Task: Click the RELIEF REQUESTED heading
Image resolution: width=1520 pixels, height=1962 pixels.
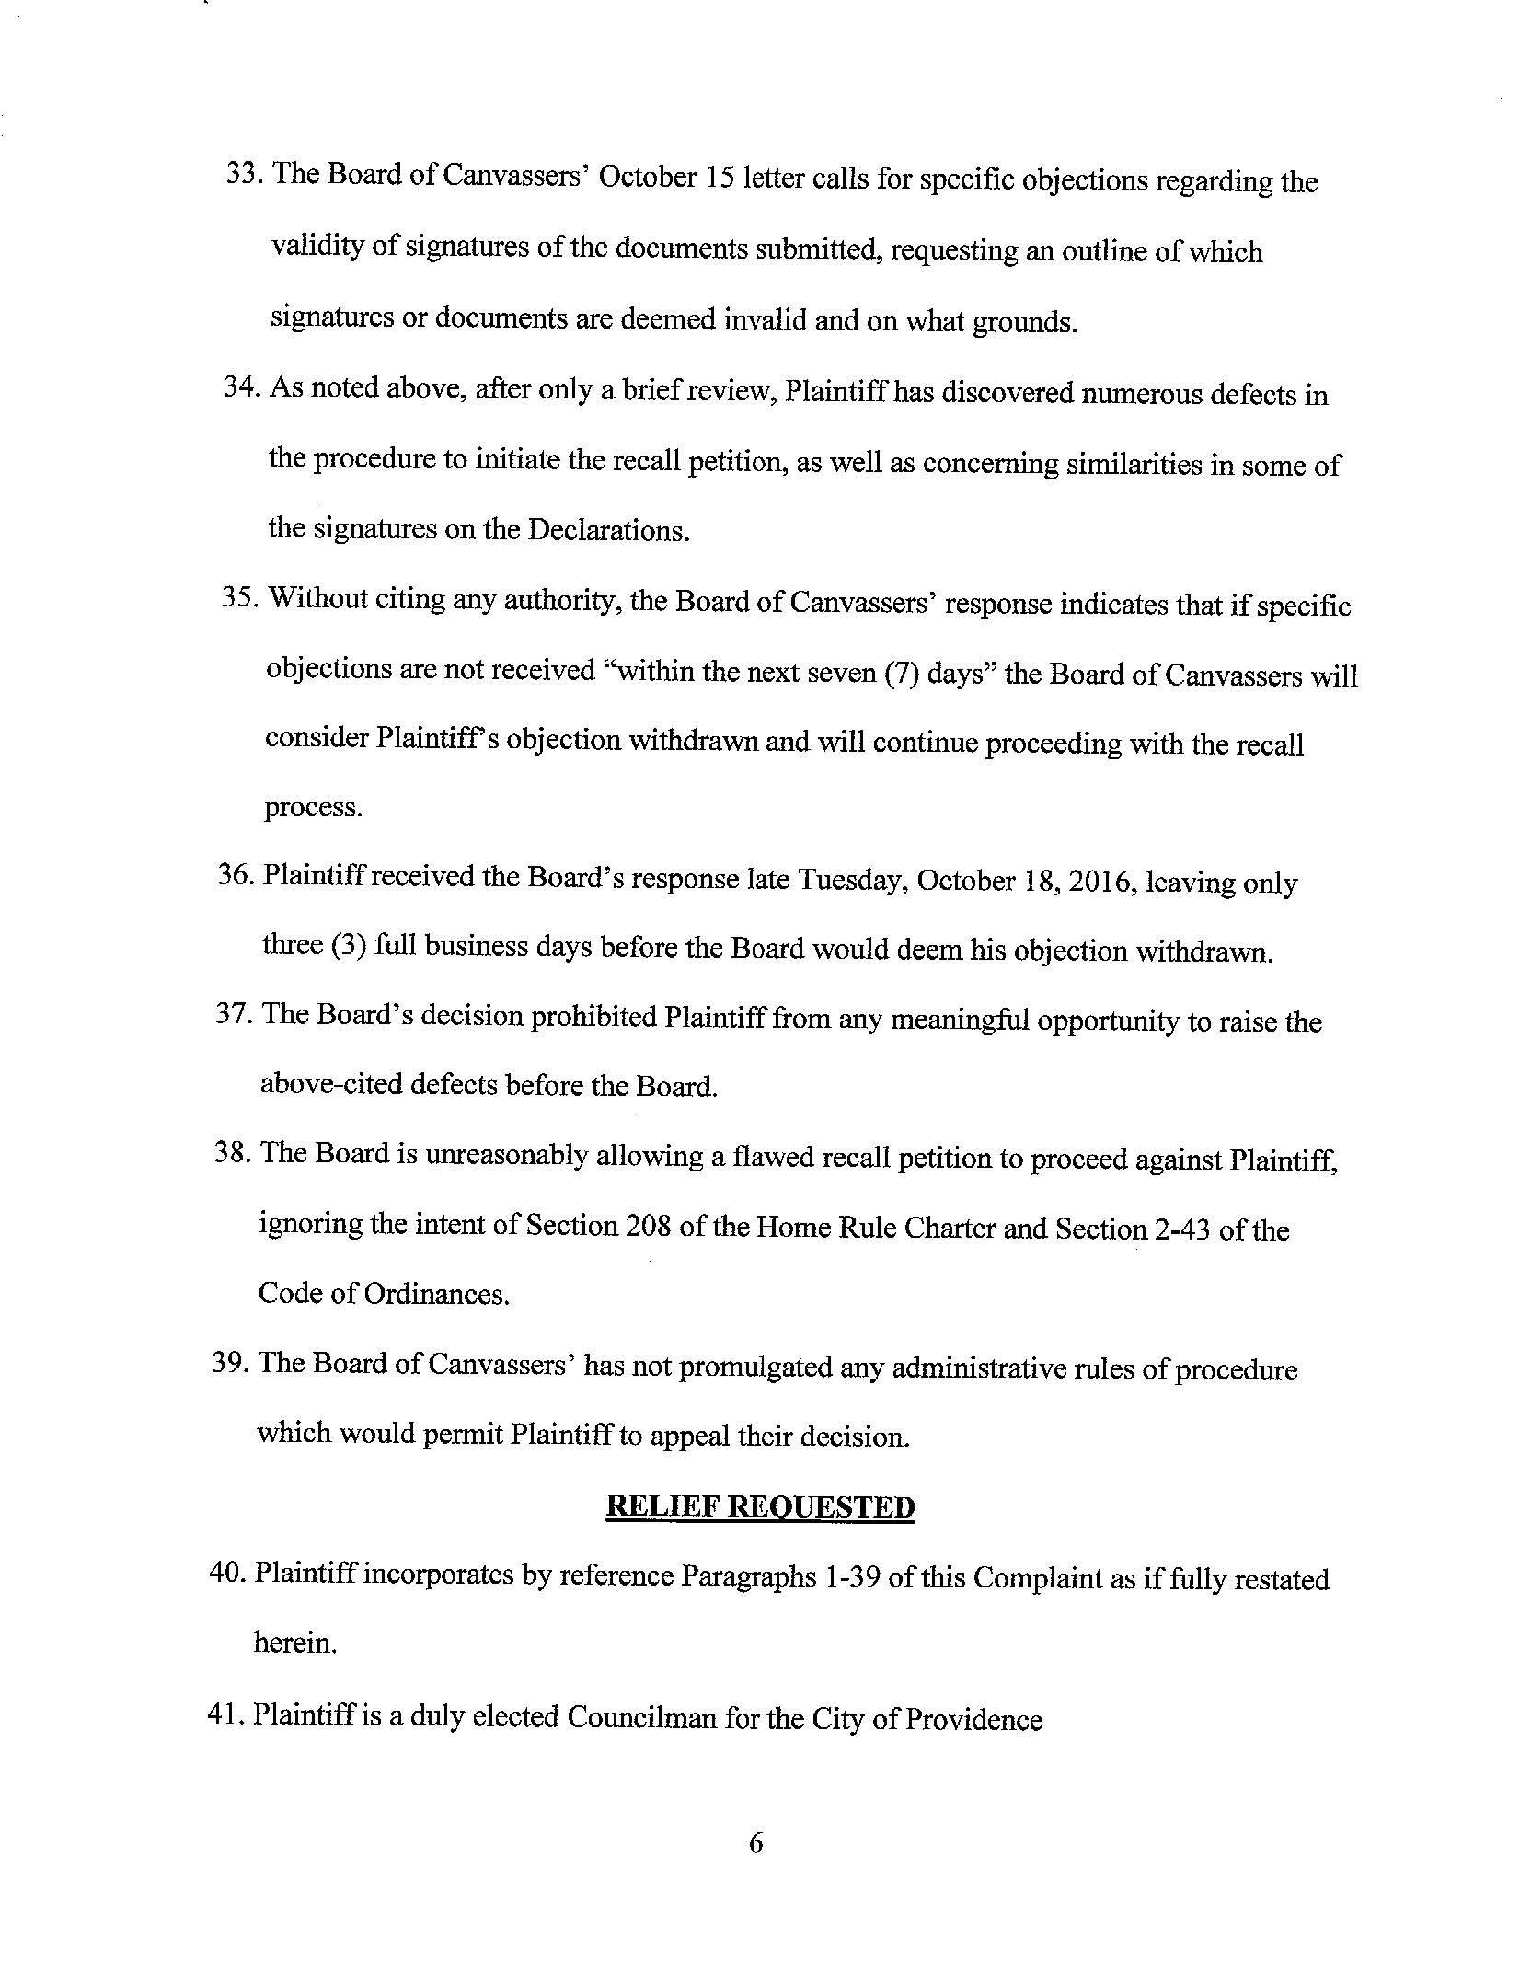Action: pyautogui.click(x=760, y=1507)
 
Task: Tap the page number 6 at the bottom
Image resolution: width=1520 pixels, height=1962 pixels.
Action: pyautogui.click(x=756, y=1844)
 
